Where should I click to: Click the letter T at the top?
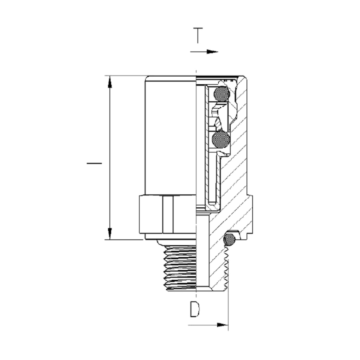(198, 36)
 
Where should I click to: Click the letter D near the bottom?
(195, 309)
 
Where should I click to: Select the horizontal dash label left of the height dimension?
(94, 163)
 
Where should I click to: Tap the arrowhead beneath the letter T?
(212, 52)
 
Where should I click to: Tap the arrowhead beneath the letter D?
(223, 325)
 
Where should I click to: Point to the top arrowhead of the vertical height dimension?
(110, 82)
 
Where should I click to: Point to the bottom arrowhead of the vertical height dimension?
(110, 234)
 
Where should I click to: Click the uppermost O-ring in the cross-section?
(221, 94)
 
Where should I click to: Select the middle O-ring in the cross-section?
(221, 139)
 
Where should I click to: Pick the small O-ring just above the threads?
(229, 239)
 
